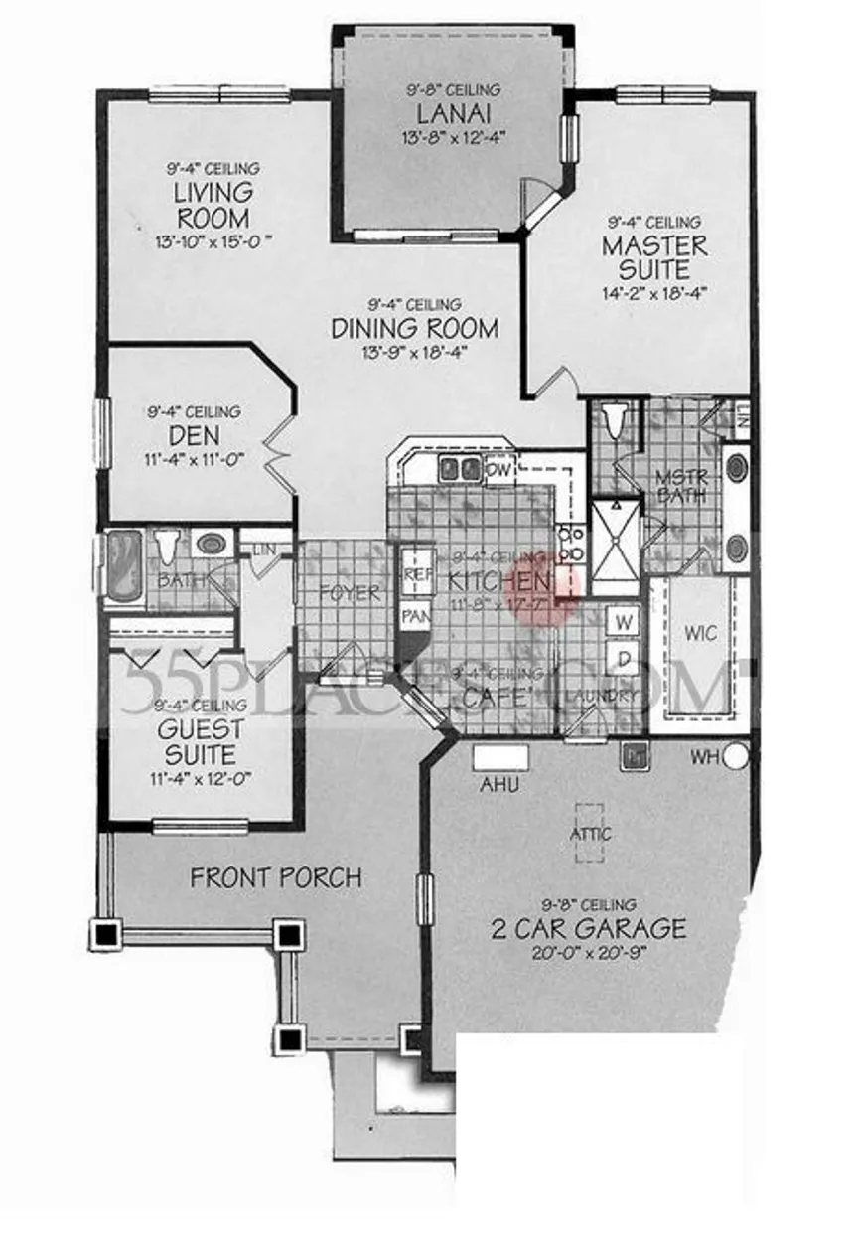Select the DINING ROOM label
[x=414, y=327]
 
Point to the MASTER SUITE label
[x=654, y=257]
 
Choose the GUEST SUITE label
[x=201, y=741]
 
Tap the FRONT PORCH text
[x=276, y=878]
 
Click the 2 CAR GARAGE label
[x=588, y=929]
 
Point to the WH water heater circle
[x=735, y=757]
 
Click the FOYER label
[x=350, y=594]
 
